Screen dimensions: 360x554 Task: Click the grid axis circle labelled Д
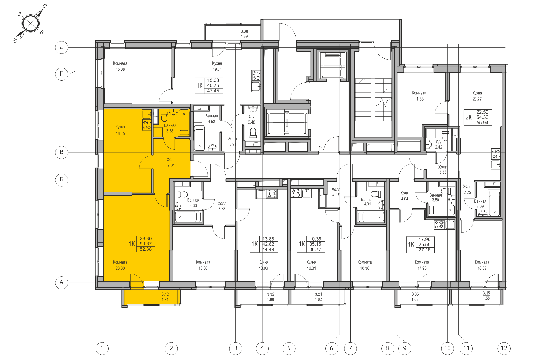[61, 47]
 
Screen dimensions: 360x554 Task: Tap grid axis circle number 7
[350, 348]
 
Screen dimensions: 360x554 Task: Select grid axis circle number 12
[504, 348]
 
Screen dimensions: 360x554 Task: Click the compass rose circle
[30, 24]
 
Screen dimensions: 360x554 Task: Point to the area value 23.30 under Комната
[120, 268]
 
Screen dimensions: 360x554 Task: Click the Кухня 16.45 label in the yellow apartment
[120, 130]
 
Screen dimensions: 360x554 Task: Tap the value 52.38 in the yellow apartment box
[146, 249]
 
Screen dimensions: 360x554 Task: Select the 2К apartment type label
[468, 117]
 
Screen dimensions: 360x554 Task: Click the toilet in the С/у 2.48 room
[253, 133]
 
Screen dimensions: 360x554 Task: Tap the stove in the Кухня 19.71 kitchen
[256, 75]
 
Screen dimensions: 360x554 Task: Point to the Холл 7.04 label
[171, 162]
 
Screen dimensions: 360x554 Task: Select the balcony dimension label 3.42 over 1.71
[165, 297]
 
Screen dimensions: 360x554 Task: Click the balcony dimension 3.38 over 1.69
[244, 34]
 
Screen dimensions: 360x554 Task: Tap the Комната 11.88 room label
[419, 96]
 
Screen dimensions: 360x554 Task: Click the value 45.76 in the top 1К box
[213, 86]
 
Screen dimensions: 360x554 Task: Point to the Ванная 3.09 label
[480, 204]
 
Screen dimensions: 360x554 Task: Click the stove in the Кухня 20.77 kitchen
[496, 154]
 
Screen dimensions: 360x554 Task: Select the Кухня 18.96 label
[263, 265]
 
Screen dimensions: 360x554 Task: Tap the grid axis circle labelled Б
[61, 179]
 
